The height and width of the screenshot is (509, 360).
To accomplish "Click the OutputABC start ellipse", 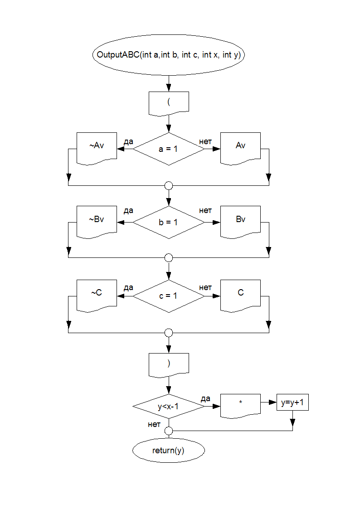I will (169, 55).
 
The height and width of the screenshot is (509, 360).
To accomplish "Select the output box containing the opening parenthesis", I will (169, 102).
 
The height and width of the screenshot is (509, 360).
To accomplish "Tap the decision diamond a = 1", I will (169, 149).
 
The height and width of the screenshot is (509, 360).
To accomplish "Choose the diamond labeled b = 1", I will (169, 222).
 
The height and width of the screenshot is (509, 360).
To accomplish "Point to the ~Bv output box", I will (97, 220).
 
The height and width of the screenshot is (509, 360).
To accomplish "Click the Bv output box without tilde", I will (241, 220).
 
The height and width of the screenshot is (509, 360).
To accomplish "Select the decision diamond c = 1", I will (169, 296).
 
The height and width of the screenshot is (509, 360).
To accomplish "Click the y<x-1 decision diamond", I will (169, 407).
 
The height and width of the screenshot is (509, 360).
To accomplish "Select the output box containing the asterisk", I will (241, 403).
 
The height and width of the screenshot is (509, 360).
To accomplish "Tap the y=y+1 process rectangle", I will (292, 402).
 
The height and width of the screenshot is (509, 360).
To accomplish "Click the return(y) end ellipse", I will (169, 451).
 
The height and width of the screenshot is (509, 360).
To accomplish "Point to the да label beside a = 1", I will (128, 141).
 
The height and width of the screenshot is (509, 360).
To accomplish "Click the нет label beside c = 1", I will (205, 288).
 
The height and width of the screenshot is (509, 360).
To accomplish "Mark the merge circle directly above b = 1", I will (169, 185).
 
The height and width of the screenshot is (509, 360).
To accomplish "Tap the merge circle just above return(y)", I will (169, 430).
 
